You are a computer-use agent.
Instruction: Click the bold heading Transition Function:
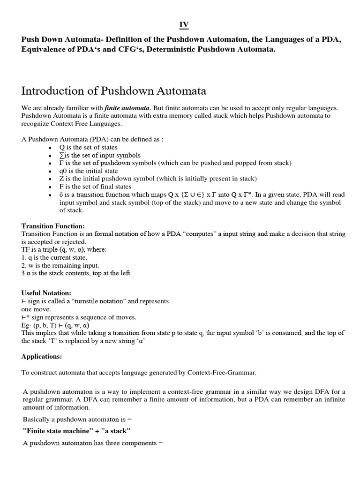53,226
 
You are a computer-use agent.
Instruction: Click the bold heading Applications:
42,356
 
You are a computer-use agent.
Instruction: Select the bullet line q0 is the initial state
88,171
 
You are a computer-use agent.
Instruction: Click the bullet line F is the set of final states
93,186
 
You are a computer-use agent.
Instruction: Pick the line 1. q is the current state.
54,257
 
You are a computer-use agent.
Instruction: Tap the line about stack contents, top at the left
76,273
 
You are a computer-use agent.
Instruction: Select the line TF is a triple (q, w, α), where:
64,250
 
